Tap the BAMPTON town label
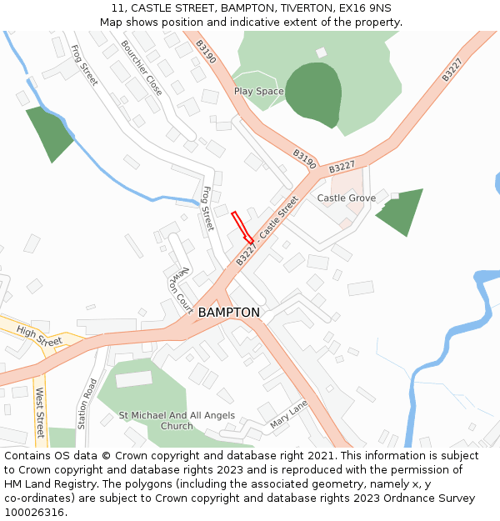point(228,313)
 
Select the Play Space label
point(258,92)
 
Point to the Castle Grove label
point(346,198)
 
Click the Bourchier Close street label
point(142,68)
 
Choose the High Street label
point(39,336)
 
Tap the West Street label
point(39,412)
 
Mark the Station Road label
point(87,404)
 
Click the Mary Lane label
point(288,414)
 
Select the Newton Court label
point(182,288)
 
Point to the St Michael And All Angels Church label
point(177,421)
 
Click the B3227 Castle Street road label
point(266,232)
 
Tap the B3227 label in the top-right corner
point(452,69)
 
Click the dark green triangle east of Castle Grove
point(401,212)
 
